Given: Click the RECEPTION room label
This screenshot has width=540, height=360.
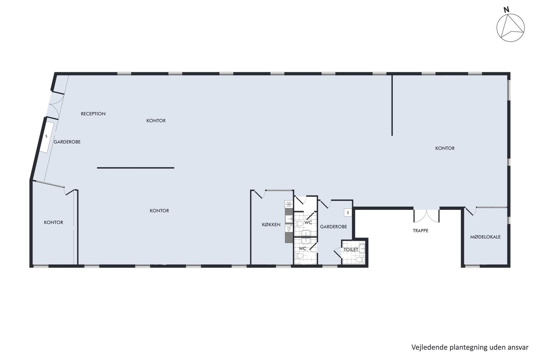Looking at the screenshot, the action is coord(93,114).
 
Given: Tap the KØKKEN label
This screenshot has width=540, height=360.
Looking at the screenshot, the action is coord(271,225).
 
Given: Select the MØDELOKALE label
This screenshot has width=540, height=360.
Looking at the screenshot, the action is coord(485,237).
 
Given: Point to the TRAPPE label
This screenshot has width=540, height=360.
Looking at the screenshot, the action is coord(420,231).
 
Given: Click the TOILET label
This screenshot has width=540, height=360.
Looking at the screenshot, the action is coord(351,250).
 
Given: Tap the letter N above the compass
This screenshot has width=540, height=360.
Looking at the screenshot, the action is coord(506,10).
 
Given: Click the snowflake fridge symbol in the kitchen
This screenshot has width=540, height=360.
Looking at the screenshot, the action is coord(289,204).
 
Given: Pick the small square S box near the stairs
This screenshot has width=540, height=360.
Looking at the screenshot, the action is coord(348,213).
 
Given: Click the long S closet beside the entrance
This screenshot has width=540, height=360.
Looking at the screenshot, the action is coord(47,137).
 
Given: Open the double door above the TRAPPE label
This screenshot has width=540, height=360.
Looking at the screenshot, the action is coord(427,216).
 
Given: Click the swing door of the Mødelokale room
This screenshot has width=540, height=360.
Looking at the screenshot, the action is coord(471,211).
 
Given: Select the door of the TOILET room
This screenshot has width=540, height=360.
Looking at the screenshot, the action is coord(338,253).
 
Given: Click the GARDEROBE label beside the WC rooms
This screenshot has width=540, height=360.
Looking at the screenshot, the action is coord(333,227).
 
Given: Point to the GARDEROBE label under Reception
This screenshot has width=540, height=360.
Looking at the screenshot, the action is coord(67,142).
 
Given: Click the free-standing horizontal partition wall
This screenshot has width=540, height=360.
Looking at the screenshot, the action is coord(135,168).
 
